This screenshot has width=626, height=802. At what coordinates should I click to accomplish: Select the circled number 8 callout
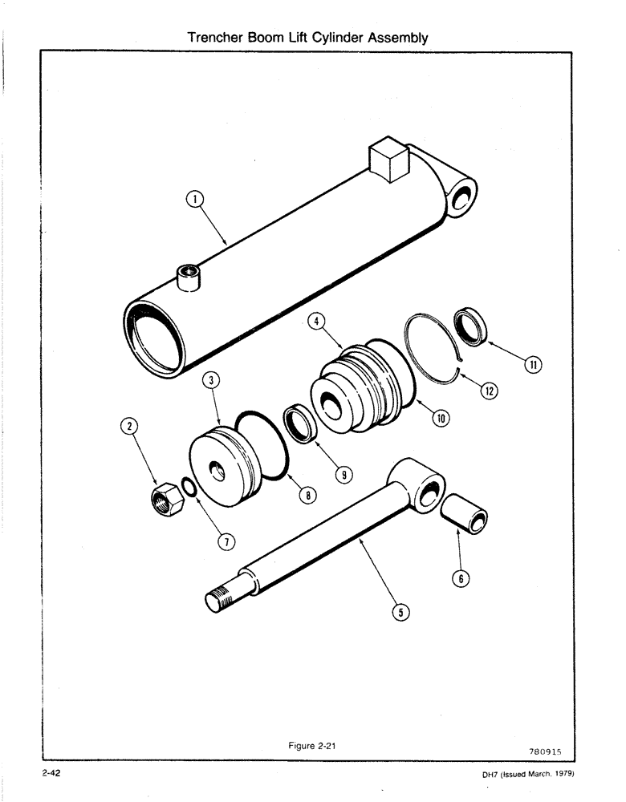[x=305, y=496]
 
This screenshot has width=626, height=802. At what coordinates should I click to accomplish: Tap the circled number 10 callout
[x=441, y=417]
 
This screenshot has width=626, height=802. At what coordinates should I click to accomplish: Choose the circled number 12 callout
[x=489, y=391]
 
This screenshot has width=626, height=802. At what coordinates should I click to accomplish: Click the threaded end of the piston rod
[x=220, y=600]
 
